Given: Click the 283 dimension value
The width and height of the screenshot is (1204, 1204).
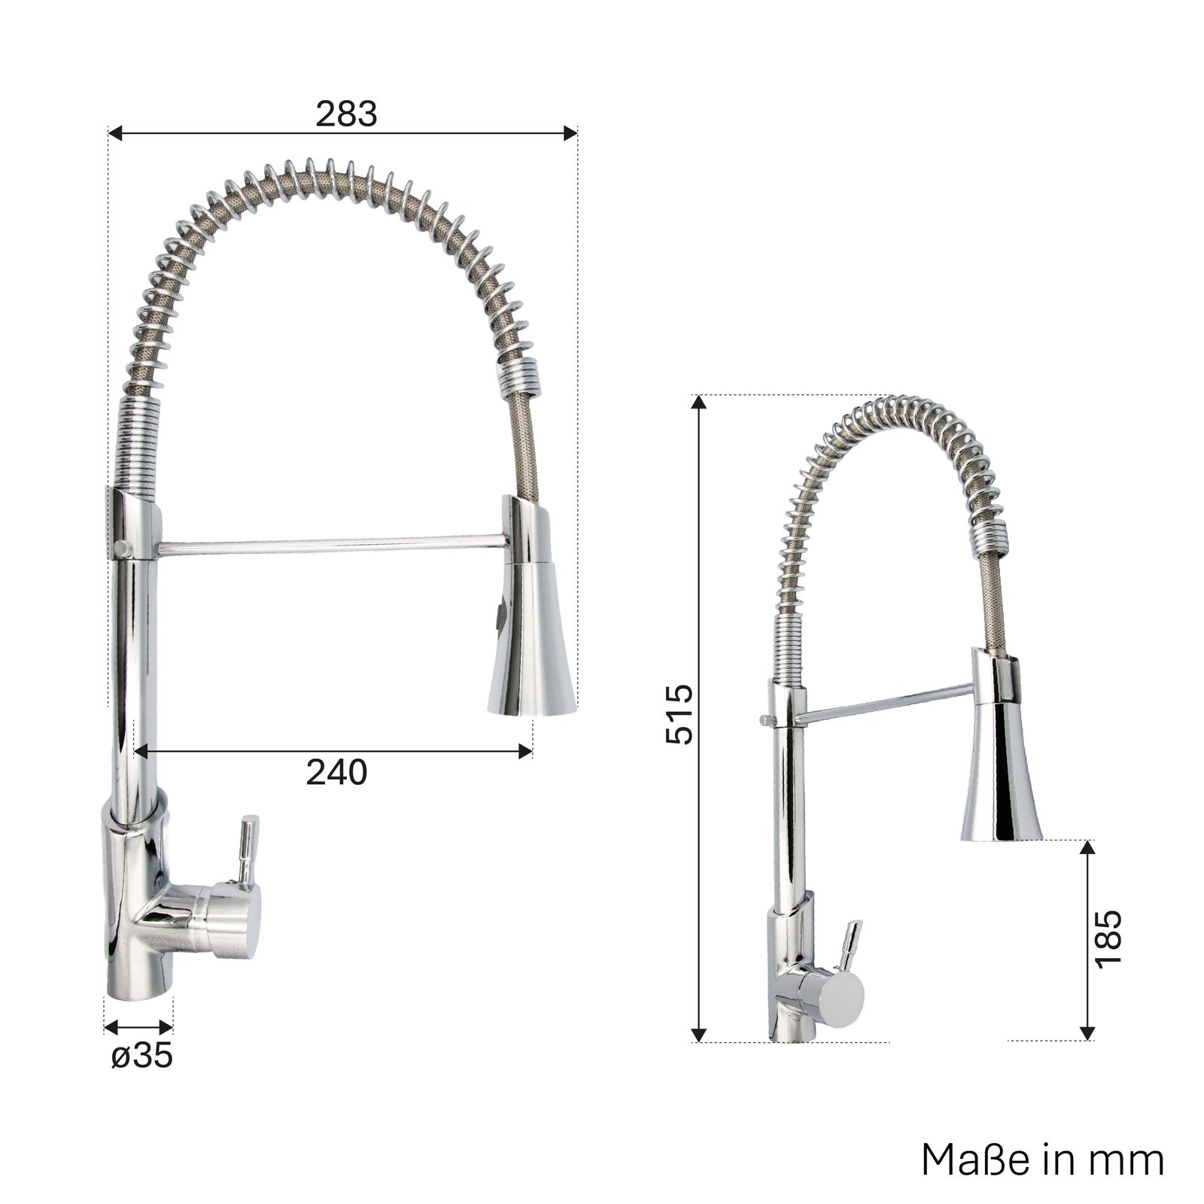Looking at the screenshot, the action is pos(346,114).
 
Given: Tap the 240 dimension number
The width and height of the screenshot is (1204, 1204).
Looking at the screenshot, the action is pos(336,772).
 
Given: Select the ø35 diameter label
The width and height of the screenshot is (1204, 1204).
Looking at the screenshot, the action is pos(141,1056).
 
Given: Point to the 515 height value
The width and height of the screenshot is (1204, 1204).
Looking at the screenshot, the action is pos(679,714).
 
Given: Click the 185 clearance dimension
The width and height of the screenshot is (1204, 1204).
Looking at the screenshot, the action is pos(1108,940).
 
